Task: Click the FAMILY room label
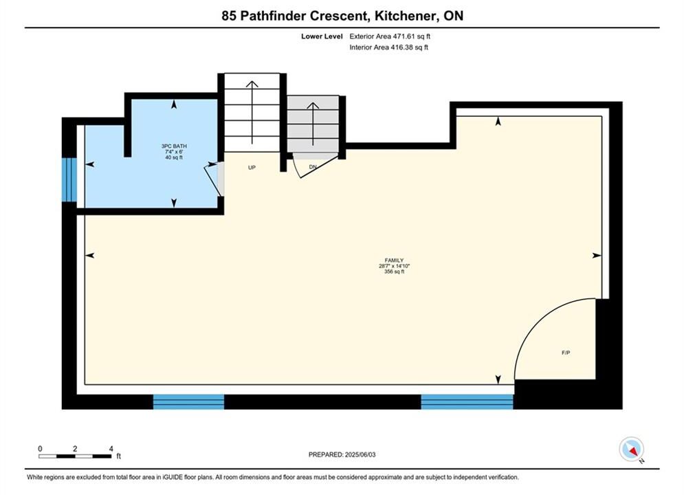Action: (x=394, y=261)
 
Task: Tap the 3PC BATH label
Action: (x=174, y=146)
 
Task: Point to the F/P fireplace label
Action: (x=566, y=353)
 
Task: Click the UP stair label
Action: (x=252, y=168)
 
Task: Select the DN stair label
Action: (x=313, y=167)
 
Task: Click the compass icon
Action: (x=631, y=449)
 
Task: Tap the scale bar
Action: (x=75, y=456)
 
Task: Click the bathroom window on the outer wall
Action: (x=69, y=179)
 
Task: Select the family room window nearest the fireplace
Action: (x=467, y=401)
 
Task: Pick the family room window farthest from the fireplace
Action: (x=188, y=401)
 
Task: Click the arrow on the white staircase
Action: (x=252, y=112)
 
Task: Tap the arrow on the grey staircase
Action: (x=313, y=124)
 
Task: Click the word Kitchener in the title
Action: (x=406, y=16)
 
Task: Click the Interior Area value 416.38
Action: (x=401, y=47)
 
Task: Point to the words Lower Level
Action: (x=322, y=36)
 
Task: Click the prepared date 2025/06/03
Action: (x=360, y=454)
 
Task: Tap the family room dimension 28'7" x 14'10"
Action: (x=395, y=266)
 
